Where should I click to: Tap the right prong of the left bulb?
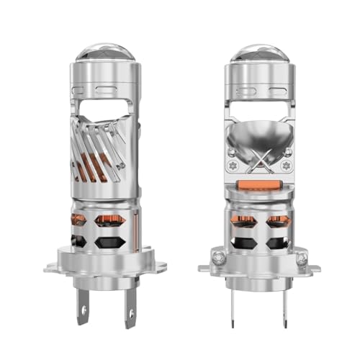pos(130,310)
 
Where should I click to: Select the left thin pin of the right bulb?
pos(238,306)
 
